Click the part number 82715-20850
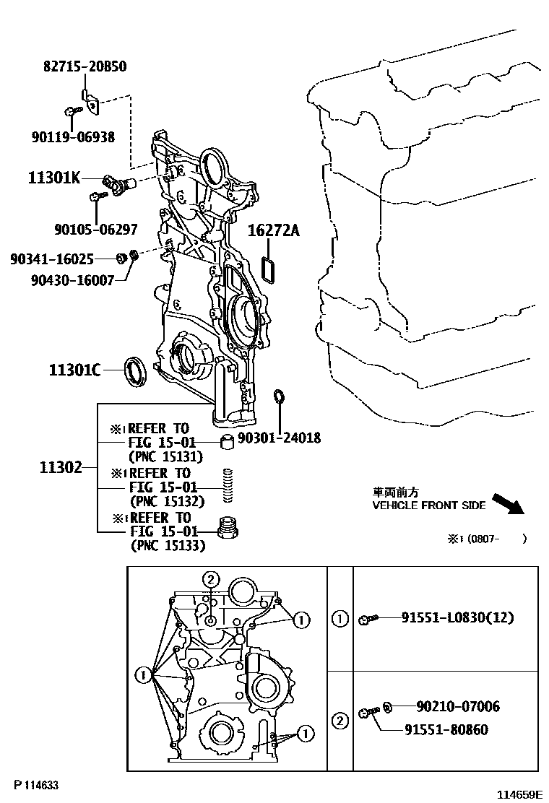(85, 66)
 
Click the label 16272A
(273, 230)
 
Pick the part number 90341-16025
(52, 258)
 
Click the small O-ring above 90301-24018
(278, 397)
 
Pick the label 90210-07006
(458, 706)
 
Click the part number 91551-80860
(446, 729)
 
